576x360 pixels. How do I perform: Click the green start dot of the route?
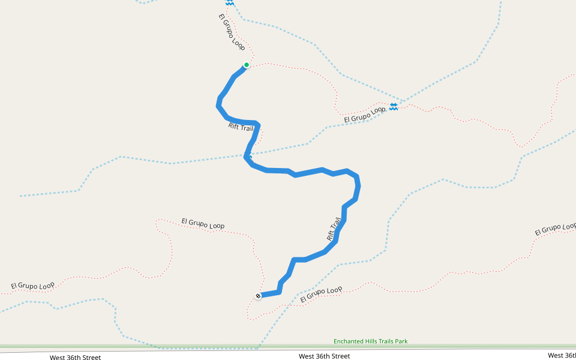(246, 65)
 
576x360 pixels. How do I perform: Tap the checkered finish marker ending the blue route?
(258, 296)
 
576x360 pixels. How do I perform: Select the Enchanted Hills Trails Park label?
(370, 341)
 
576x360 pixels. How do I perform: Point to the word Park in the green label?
(401, 341)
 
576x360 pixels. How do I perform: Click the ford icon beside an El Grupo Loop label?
(394, 106)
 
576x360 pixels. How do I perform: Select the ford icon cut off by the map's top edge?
(229, 2)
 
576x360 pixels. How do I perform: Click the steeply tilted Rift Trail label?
(334, 229)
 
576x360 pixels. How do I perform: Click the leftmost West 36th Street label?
(75, 358)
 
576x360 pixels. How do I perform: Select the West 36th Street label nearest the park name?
(324, 356)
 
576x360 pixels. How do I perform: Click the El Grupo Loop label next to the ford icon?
(364, 115)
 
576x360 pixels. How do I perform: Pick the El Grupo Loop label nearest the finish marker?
(321, 294)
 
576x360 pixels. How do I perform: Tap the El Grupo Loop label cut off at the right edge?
(555, 229)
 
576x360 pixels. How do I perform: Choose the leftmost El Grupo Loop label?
(32, 285)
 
